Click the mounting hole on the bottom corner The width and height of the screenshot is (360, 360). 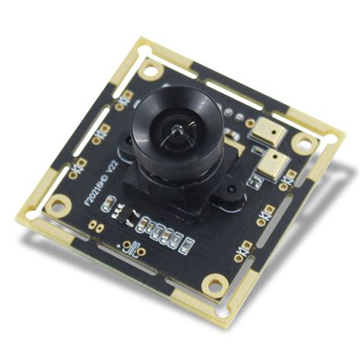(x=219, y=285)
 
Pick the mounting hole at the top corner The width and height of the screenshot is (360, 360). (x=150, y=70)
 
